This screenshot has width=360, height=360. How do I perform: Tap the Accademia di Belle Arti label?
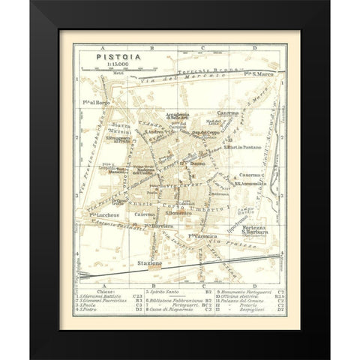[x=178, y=117]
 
